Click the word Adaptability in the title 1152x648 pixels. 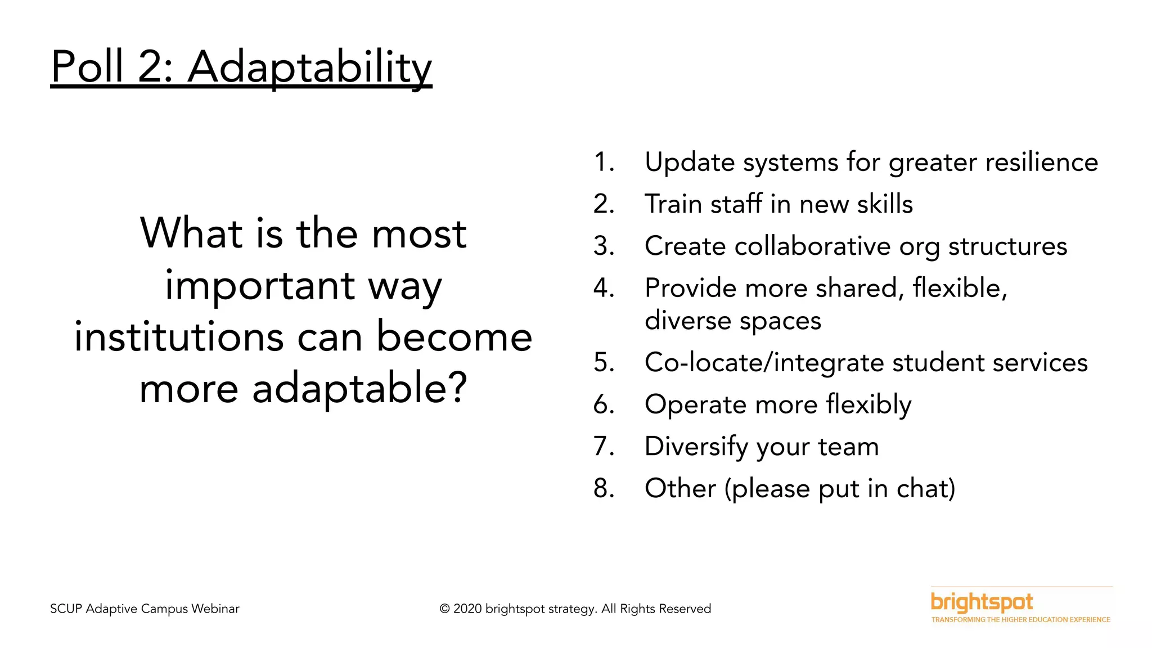pos(309,67)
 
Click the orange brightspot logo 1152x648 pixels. pos(982,602)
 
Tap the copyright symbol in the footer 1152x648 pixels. pos(444,609)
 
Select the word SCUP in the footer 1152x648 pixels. pos(66,609)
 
